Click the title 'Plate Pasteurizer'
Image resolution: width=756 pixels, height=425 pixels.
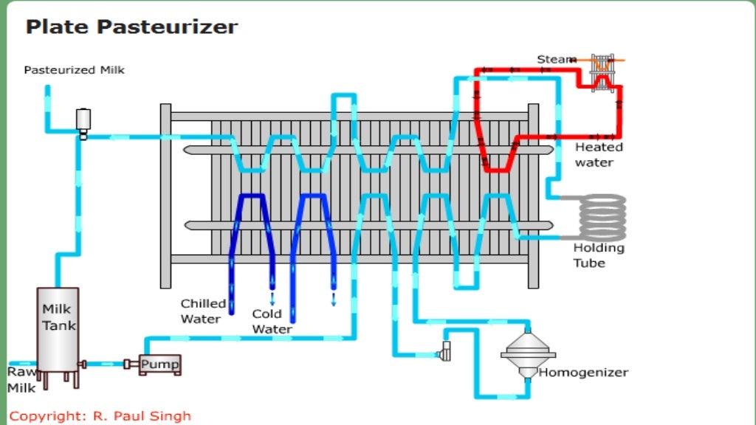(x=131, y=27)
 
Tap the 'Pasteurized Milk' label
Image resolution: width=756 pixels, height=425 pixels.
(x=74, y=70)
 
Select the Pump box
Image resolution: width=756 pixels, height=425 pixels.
(x=159, y=364)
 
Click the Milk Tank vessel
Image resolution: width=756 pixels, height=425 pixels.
(x=58, y=329)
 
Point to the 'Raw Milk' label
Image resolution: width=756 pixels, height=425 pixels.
(x=21, y=379)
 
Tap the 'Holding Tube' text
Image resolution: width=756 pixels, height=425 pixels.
(x=598, y=255)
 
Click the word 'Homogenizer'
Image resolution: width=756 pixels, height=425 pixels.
(x=583, y=373)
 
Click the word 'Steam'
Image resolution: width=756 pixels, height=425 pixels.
(x=557, y=59)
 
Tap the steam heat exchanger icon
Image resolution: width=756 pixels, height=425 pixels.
(x=603, y=71)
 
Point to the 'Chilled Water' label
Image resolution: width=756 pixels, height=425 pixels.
(x=203, y=311)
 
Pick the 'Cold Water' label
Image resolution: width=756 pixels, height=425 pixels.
(x=267, y=321)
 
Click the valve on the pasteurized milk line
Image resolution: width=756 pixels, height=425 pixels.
(x=83, y=122)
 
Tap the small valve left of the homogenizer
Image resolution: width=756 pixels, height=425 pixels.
(x=446, y=351)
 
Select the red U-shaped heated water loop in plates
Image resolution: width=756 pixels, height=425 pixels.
(x=496, y=155)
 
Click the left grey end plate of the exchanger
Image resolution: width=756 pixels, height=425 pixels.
(x=165, y=196)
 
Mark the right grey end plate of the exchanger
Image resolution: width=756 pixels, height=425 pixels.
(x=533, y=196)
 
